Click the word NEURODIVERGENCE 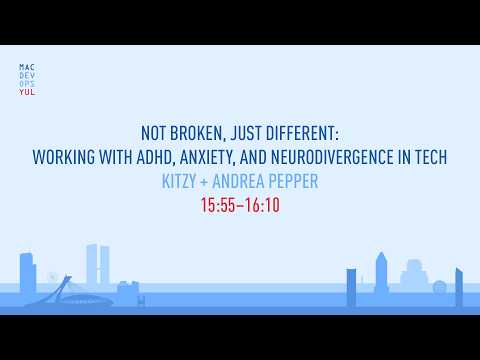(x=332, y=157)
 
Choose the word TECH (x=431, y=157)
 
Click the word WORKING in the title (x=64, y=157)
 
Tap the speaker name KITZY (x=179, y=181)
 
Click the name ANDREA (x=238, y=181)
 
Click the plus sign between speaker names (x=204, y=182)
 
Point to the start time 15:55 (x=218, y=205)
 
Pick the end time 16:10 (x=263, y=205)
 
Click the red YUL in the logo (x=27, y=92)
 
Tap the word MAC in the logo (x=27, y=67)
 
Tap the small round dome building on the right (x=439, y=287)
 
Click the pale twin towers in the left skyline (x=98, y=265)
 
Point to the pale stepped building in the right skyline (x=413, y=276)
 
